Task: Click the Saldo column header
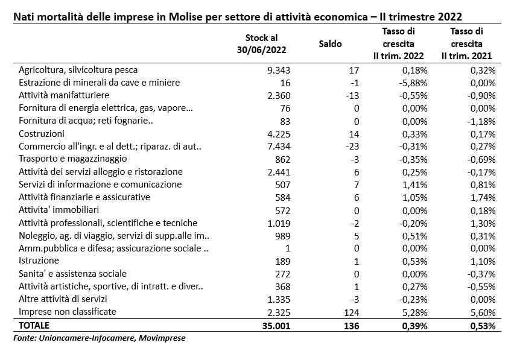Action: pyautogui.click(x=330, y=44)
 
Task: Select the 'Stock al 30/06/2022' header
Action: pyautogui.click(x=261, y=44)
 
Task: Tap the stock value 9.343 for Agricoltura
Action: pyautogui.click(x=279, y=70)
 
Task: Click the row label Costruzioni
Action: pyautogui.click(x=42, y=134)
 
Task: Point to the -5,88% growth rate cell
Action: pyautogui.click(x=413, y=83)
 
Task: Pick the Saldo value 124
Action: pyautogui.click(x=351, y=312)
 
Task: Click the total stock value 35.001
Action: pyautogui.click(x=276, y=326)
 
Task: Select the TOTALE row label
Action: pyautogui.click(x=34, y=326)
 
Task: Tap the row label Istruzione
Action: pyautogui.click(x=39, y=261)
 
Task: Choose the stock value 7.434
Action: pyautogui.click(x=279, y=147)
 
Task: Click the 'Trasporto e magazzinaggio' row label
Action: pyautogui.click(x=73, y=159)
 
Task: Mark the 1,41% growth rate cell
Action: pyautogui.click(x=415, y=185)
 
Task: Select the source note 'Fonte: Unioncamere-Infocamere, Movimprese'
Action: pyautogui.click(x=100, y=338)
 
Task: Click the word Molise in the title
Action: pyautogui.click(x=185, y=17)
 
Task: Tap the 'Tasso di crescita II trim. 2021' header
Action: pyautogui.click(x=466, y=44)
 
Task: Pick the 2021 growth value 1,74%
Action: pyautogui.click(x=483, y=197)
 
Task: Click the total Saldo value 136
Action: pyautogui.click(x=351, y=326)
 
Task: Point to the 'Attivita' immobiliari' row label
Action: pyautogui.click(x=59, y=210)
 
